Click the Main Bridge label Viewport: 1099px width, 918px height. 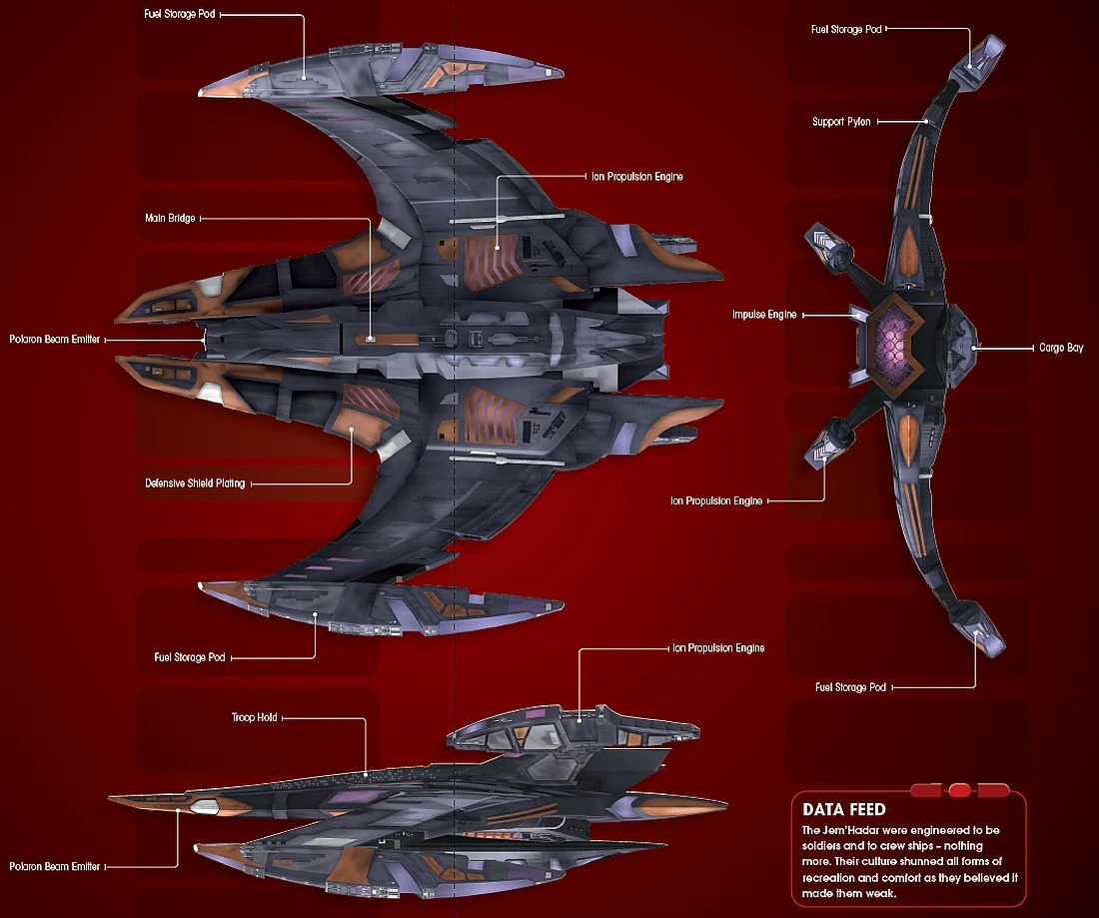[x=170, y=218]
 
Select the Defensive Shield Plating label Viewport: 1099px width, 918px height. [x=195, y=483]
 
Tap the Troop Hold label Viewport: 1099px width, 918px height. [x=254, y=717]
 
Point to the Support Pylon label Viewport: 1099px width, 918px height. [x=841, y=122]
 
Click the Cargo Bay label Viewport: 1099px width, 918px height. [x=1061, y=348]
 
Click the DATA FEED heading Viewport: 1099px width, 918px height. [x=843, y=809]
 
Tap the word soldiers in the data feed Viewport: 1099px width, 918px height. [x=824, y=846]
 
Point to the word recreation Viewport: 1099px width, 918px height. [x=830, y=876]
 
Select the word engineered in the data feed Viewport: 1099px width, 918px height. [x=943, y=830]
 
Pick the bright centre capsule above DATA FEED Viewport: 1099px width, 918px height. [x=959, y=790]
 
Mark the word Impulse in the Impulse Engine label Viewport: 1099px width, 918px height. [x=749, y=315]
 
